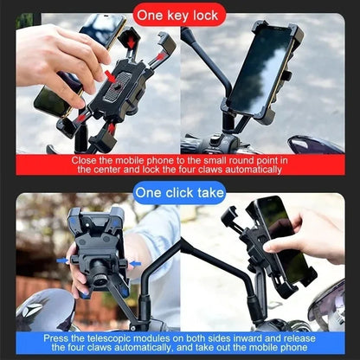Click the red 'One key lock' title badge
coord(180,15)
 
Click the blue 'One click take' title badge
coord(180,192)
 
